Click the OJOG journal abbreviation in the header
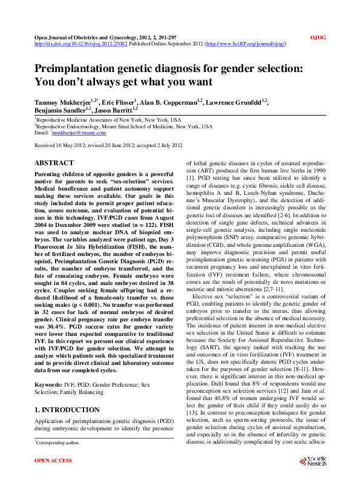point(318,38)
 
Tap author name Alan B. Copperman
point(172,102)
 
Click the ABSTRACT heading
point(54,163)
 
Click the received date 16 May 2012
point(71,146)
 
